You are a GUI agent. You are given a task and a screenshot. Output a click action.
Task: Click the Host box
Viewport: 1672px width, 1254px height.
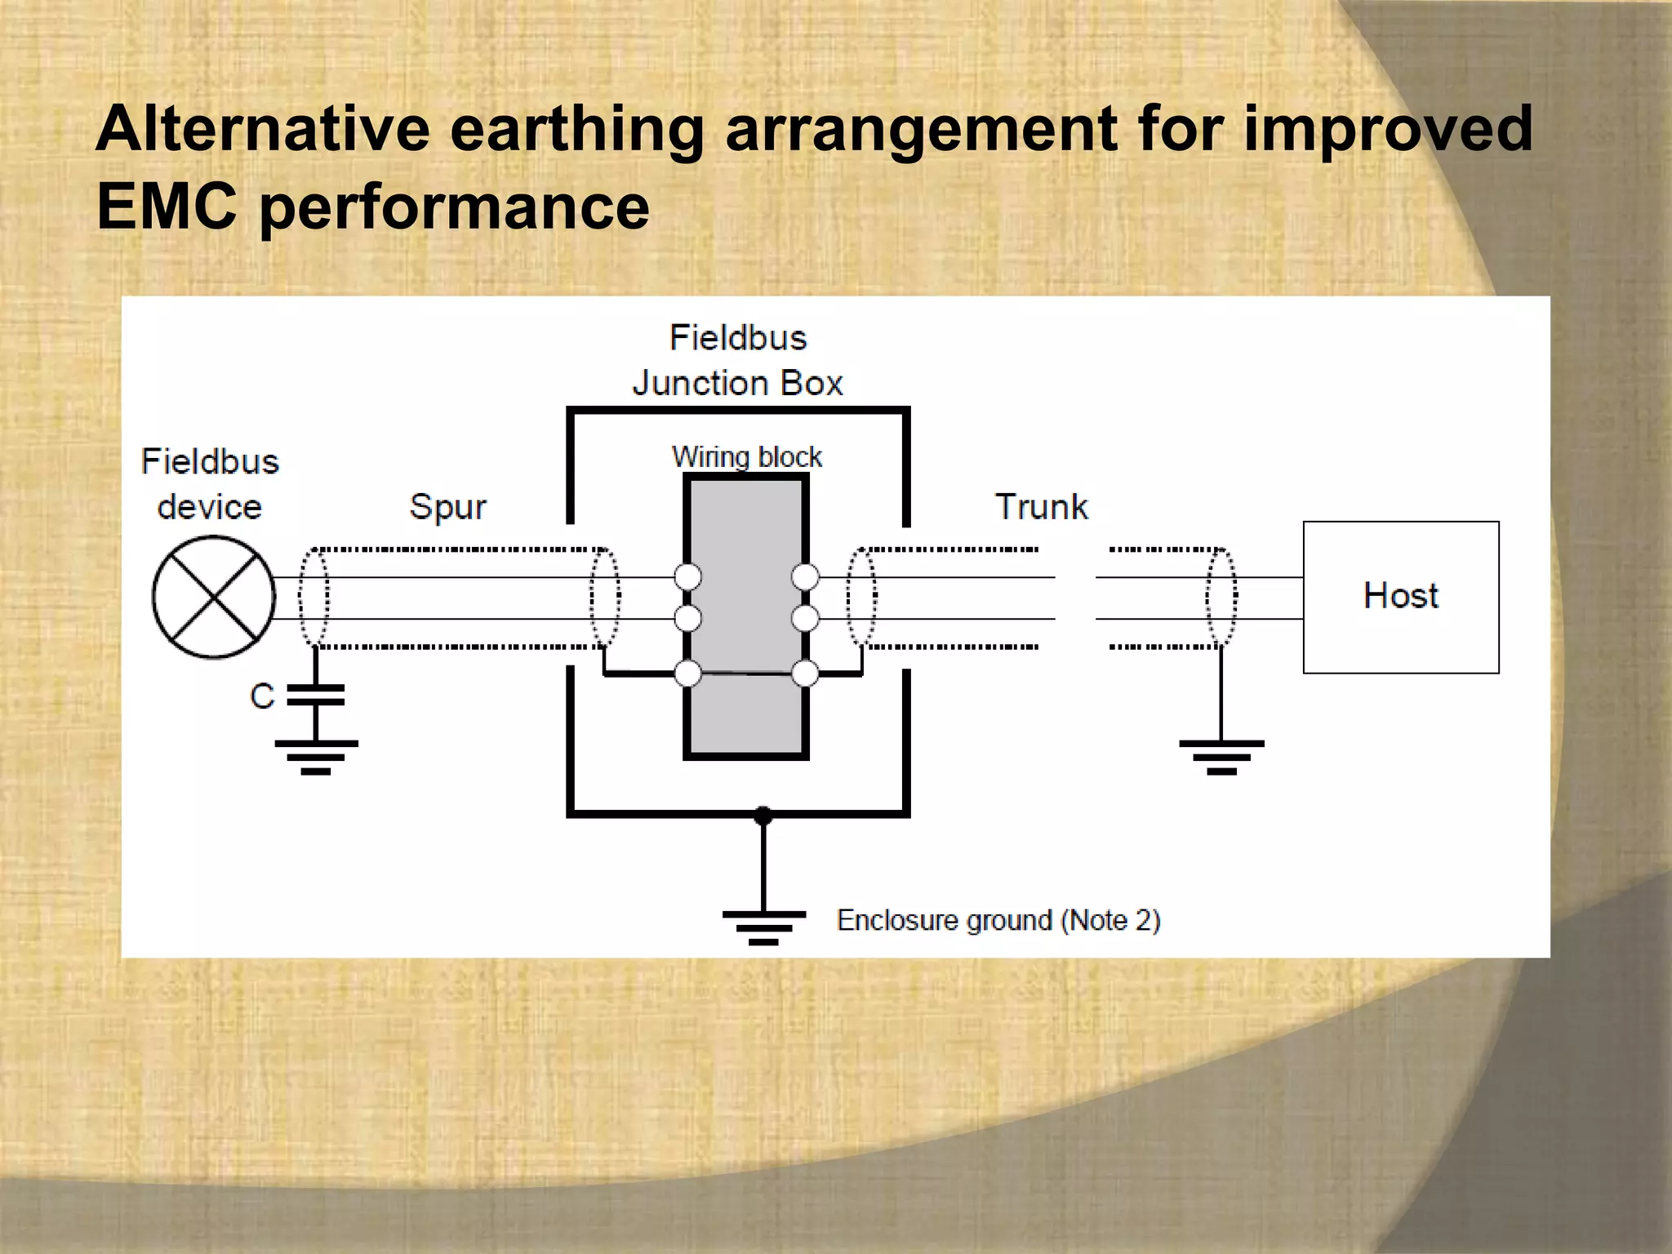click(x=1401, y=597)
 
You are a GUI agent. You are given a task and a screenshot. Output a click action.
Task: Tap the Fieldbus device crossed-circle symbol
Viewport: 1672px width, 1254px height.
click(x=214, y=597)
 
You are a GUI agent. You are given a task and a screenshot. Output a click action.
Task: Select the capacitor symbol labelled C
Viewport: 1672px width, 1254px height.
click(x=316, y=695)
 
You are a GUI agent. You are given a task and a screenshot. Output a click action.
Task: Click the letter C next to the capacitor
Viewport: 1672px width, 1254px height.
click(x=262, y=696)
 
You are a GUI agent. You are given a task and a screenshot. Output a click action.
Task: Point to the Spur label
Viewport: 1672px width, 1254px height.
click(x=447, y=507)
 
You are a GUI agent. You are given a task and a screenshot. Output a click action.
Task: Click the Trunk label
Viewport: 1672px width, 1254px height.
click(x=1042, y=507)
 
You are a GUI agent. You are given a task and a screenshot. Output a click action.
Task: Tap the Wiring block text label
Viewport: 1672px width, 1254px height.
click(x=746, y=456)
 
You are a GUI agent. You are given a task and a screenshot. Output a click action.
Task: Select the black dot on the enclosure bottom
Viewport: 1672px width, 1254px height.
click(x=763, y=815)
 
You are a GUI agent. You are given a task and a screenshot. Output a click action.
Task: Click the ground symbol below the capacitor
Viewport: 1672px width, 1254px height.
click(x=316, y=756)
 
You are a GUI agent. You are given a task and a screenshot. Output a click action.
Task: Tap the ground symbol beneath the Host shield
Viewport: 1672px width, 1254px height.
click(x=1221, y=756)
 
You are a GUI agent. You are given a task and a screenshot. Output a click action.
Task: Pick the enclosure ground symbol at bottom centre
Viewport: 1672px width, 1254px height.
click(x=763, y=926)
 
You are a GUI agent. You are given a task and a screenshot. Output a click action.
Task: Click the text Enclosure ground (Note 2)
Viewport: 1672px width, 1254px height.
click(x=998, y=920)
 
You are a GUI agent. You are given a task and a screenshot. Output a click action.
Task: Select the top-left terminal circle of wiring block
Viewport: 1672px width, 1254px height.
click(x=688, y=577)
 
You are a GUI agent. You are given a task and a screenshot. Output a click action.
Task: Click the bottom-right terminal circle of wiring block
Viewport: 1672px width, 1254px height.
click(x=805, y=674)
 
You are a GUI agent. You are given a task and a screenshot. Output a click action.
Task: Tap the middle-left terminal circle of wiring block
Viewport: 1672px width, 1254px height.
click(x=688, y=618)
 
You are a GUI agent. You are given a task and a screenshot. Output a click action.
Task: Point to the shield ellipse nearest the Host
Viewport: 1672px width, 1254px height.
click(x=1221, y=598)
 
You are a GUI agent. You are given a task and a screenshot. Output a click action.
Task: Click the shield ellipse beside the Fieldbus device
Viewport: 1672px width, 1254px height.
click(x=314, y=598)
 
